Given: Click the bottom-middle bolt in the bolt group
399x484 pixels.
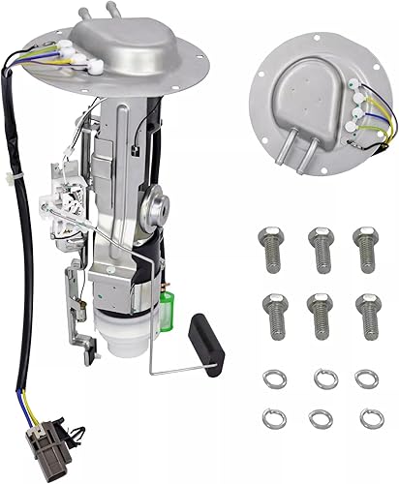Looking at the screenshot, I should click(x=319, y=314).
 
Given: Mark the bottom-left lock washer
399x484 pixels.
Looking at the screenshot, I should click(x=274, y=418).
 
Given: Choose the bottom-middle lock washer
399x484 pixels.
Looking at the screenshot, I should click(x=321, y=418).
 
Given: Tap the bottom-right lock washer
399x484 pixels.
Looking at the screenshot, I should click(x=366, y=418).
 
